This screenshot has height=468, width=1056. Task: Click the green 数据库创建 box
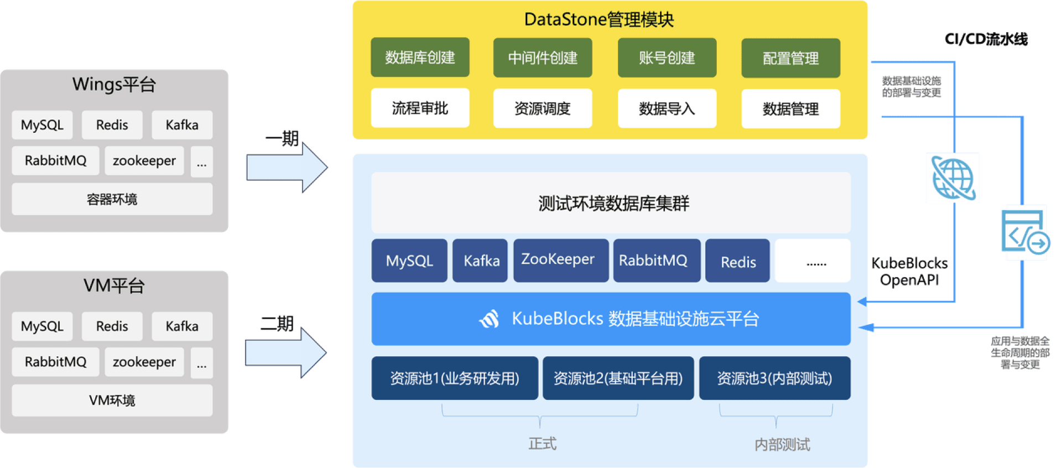point(420,58)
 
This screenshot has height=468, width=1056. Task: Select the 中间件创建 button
point(543,58)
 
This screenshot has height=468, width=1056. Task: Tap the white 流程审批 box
point(420,108)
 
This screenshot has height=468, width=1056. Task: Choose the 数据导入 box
point(667,108)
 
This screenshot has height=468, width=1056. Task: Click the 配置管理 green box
point(790,58)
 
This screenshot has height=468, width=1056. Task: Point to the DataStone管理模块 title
point(599,19)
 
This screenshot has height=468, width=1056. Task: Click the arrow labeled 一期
point(288,166)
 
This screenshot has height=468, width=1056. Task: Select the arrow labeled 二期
point(287,351)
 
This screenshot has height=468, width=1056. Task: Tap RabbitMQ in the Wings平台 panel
point(55,160)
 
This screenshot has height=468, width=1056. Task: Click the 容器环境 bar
point(112,199)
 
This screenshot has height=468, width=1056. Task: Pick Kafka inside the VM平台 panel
point(181,326)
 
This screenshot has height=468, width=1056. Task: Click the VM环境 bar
point(112,400)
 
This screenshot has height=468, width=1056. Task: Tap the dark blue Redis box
point(737,261)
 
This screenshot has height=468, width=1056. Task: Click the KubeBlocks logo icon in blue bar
point(490,319)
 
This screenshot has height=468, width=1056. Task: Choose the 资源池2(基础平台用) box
point(618,378)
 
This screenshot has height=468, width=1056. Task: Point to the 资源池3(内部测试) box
point(774,378)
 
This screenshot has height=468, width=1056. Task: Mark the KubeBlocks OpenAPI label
point(909,272)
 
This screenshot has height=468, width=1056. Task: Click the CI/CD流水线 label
point(986,39)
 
